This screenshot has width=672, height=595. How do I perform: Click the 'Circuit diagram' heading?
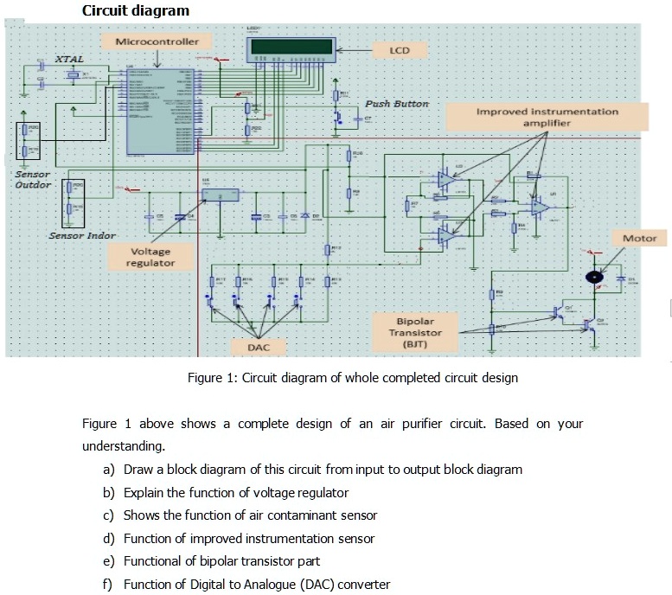click(x=135, y=10)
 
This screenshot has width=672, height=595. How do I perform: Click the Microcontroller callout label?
click(x=157, y=42)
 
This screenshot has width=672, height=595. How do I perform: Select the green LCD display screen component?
click(x=291, y=47)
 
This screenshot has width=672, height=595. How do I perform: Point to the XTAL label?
click(x=70, y=58)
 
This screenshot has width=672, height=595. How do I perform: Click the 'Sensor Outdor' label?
click(x=33, y=179)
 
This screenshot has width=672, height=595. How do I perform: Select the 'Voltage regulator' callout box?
click(x=150, y=257)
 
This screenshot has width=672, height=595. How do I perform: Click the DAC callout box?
click(x=258, y=347)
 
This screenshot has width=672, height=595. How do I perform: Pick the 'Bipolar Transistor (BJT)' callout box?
click(x=415, y=332)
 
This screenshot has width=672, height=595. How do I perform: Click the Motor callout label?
click(x=639, y=238)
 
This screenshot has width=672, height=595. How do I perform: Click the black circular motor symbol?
click(x=593, y=277)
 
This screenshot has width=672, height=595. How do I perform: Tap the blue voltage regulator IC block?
click(x=221, y=195)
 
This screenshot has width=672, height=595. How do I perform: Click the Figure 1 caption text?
click(x=353, y=378)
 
